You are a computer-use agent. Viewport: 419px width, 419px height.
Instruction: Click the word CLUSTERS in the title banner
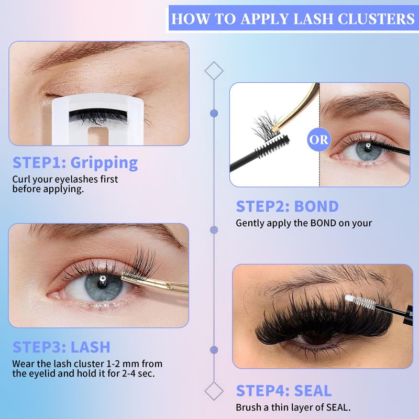point(376,19)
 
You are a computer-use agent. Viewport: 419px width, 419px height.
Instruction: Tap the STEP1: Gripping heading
point(75,163)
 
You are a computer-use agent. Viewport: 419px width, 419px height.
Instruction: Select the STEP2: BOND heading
point(287,206)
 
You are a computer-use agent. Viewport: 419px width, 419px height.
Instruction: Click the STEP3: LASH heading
point(61,347)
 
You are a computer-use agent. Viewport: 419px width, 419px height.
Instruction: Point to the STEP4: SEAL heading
point(284,391)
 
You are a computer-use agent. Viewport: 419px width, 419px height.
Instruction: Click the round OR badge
point(319,139)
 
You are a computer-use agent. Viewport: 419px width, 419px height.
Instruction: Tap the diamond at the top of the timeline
point(214,71)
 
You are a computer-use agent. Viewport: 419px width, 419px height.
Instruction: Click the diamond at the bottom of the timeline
point(214,391)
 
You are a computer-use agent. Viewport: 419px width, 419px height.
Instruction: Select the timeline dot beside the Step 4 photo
point(214,350)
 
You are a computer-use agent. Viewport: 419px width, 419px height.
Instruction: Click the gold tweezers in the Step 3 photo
point(155,283)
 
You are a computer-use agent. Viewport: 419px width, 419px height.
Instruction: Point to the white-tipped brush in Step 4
point(379,306)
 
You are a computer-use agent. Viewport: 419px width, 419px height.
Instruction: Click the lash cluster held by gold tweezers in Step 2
point(267,125)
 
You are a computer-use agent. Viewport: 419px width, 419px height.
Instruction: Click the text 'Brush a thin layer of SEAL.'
point(293,407)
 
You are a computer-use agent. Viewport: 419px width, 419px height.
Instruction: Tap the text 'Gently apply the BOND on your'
point(304,223)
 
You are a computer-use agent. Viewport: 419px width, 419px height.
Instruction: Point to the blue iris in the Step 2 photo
point(369,150)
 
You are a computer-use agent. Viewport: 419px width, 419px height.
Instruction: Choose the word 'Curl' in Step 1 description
point(19,179)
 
